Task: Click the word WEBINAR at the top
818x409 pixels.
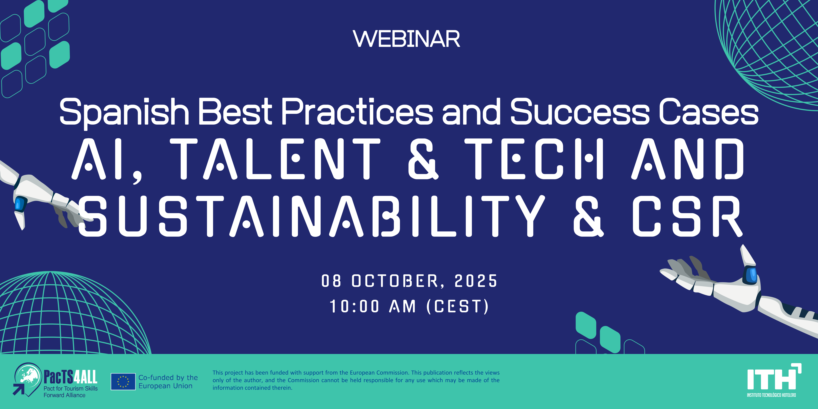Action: (407, 39)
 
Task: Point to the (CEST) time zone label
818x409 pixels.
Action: (458, 306)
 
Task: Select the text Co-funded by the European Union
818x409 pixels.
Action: (168, 382)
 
